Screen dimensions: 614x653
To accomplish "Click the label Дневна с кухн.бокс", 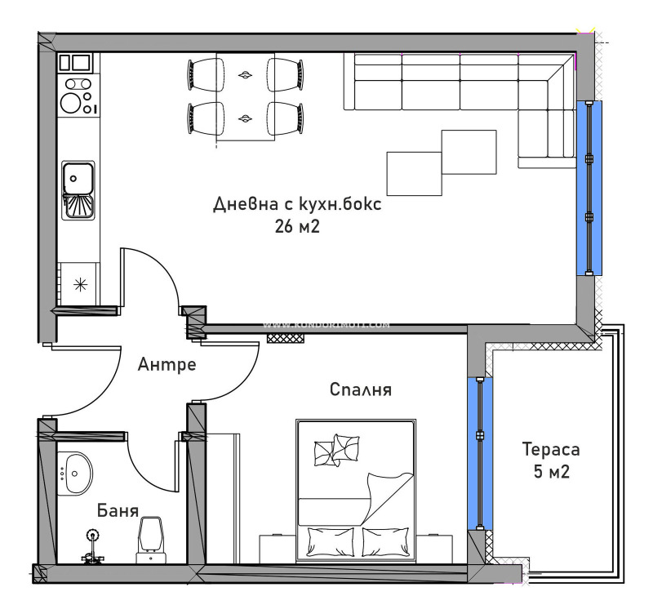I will pos(297,204).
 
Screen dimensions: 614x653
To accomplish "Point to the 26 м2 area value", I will pos(297,227).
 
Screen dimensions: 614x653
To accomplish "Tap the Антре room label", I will pos(167,364).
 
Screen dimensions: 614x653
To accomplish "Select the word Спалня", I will pos(360,390).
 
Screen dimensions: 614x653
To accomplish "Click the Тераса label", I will pos(551,450).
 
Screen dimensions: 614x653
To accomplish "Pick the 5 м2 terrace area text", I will pos(551,472).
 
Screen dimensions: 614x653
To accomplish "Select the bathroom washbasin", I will pos(75,473).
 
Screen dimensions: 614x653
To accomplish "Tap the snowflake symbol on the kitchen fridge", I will pos(80,284).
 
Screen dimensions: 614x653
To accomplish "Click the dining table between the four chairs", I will pos(244,97).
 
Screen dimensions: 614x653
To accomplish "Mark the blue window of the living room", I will pos(589,188).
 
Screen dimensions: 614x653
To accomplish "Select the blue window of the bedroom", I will pos(480,453).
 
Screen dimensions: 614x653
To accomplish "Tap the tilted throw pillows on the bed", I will pos(336,448).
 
